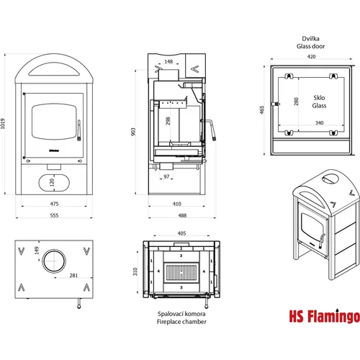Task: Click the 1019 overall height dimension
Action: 3,124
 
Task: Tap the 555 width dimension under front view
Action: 54,215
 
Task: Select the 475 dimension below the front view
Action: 54,204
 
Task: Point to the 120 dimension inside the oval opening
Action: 52,183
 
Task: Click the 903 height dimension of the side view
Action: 133,132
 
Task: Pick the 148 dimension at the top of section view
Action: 168,61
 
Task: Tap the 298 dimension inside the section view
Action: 168,121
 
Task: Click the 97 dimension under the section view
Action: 166,176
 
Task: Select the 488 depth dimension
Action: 182,215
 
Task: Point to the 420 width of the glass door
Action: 311,57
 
